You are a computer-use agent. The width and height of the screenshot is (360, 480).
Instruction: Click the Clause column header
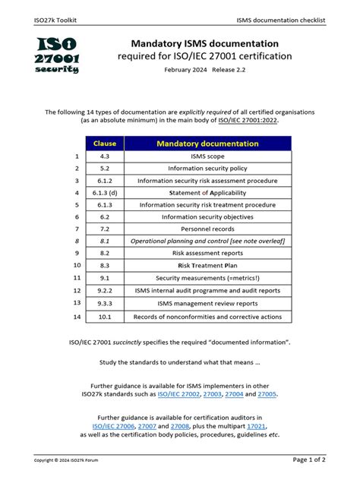click(104, 143)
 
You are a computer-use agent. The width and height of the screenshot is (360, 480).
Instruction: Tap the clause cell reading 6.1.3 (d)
click(104, 193)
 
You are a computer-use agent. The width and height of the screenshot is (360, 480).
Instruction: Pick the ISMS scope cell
click(207, 156)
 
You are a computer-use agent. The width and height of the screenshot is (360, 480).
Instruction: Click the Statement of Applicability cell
click(207, 193)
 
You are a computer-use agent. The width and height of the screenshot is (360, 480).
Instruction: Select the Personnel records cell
click(207, 229)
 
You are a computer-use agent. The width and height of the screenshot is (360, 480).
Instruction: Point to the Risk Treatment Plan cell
click(207, 266)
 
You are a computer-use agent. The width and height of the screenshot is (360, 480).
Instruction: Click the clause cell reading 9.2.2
click(104, 290)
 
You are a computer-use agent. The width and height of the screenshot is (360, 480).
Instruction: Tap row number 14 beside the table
click(76, 317)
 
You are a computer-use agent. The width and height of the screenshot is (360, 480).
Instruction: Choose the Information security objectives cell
click(207, 216)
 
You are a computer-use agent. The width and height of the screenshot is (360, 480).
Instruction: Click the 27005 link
click(267, 394)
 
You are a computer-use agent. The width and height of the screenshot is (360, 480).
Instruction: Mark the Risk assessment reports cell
click(207, 253)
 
